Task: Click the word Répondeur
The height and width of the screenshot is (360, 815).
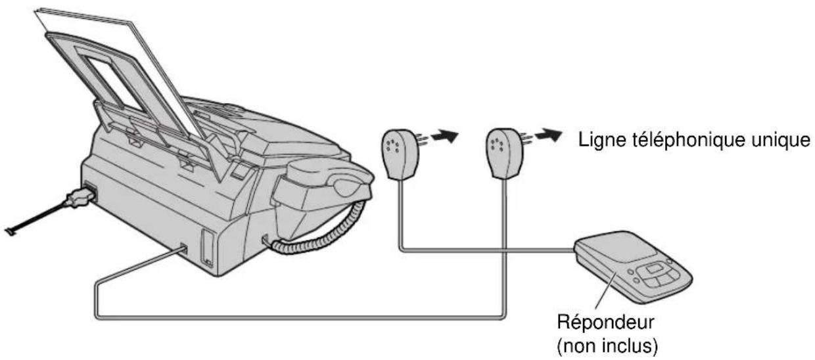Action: click(x=606, y=323)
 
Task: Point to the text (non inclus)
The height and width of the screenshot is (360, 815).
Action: click(x=607, y=346)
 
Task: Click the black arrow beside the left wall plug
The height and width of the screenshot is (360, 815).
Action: click(x=444, y=136)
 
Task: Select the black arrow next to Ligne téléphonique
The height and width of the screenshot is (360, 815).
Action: click(x=548, y=135)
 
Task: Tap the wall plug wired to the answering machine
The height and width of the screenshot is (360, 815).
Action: click(x=400, y=154)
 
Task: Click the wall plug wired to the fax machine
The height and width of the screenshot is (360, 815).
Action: click(x=504, y=153)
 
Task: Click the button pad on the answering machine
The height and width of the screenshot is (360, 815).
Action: click(x=655, y=275)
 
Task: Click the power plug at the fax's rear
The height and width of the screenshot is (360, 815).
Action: click(x=81, y=198)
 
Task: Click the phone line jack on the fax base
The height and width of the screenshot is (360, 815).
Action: click(x=184, y=249)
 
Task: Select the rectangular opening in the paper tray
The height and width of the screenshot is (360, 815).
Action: click(x=114, y=83)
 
